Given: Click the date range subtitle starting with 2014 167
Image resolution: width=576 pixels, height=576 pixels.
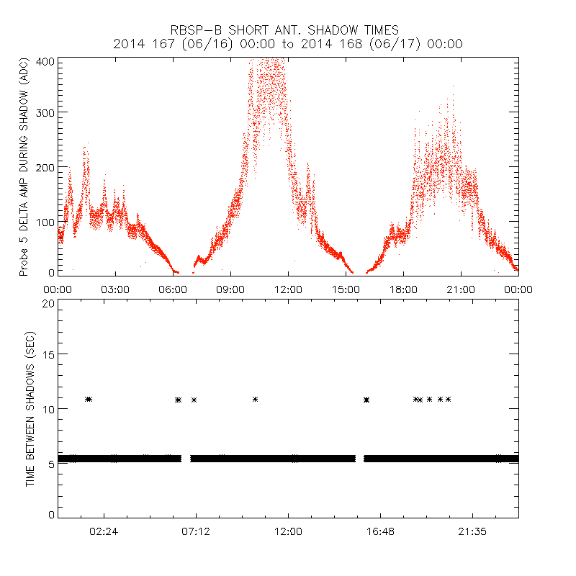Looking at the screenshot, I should (288, 44).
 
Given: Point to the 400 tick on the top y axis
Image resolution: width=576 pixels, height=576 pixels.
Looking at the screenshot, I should (45, 61).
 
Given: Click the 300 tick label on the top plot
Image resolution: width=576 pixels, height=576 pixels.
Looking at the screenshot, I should (45, 112).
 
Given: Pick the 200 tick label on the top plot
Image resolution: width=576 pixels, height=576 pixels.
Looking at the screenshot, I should (45, 167).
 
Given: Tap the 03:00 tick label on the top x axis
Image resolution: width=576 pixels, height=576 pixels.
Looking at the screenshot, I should (115, 289).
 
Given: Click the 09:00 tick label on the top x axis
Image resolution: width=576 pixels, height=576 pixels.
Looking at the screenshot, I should (230, 289).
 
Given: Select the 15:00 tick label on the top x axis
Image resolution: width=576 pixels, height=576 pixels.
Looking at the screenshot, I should (346, 289).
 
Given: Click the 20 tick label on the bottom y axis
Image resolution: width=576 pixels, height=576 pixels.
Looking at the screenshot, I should (48, 303).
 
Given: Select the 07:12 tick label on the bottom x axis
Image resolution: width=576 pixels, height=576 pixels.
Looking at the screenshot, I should (196, 531).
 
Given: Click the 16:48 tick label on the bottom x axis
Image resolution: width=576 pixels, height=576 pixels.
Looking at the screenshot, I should (380, 531).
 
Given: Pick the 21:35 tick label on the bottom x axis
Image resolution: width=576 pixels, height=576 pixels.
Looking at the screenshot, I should (472, 531).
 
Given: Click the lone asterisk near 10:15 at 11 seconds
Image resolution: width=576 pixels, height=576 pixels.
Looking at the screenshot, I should (255, 399).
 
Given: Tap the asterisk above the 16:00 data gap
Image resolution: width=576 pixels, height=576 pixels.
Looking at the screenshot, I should (367, 399).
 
